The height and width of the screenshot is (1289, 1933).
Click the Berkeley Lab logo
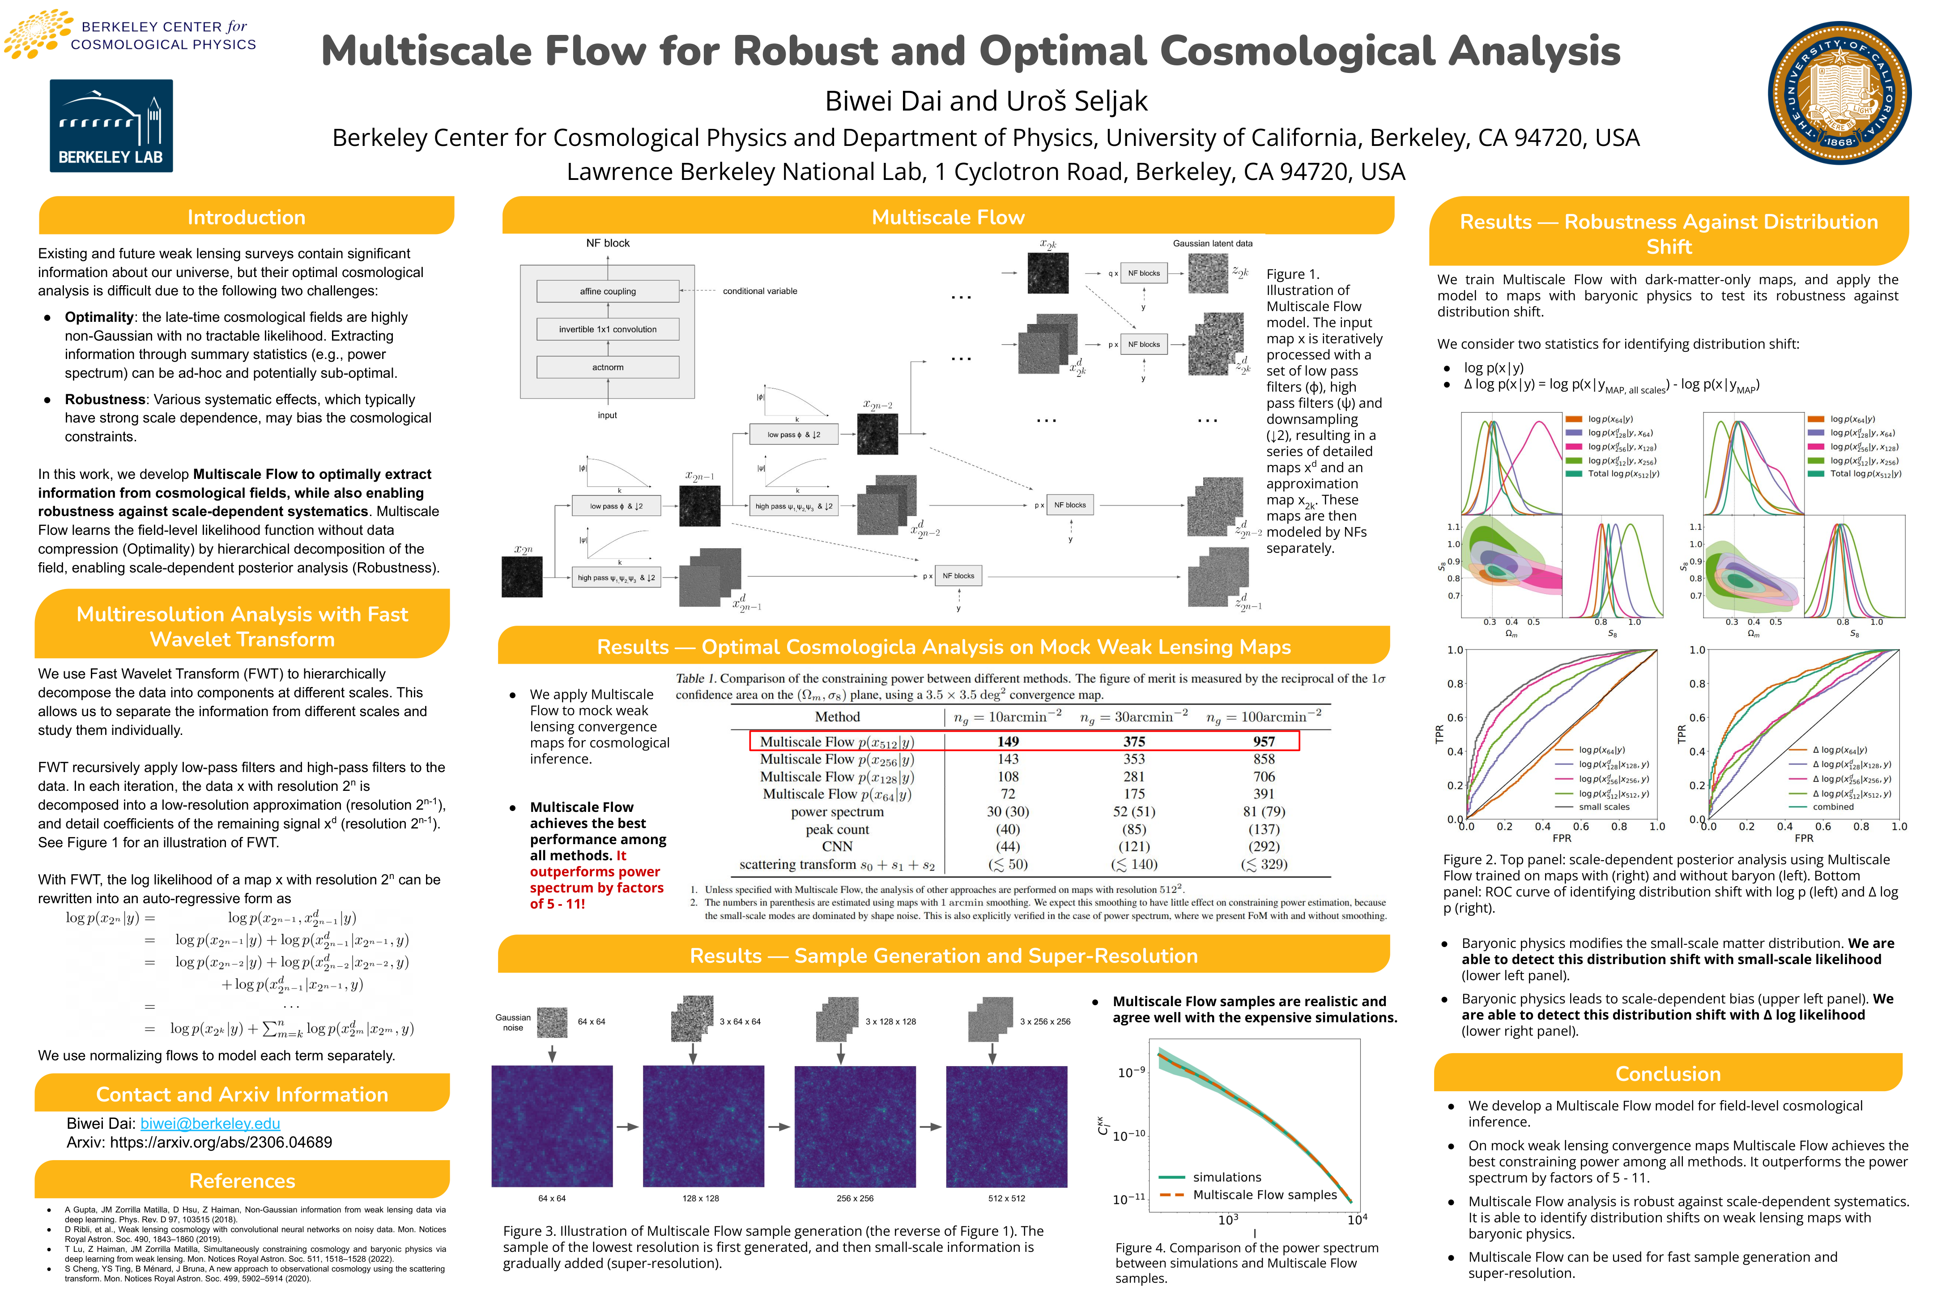(111, 126)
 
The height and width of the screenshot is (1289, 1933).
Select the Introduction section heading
(246, 217)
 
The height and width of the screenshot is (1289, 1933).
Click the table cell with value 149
(1008, 742)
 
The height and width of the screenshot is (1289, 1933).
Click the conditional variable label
(759, 291)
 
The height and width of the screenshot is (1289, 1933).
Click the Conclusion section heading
(1668, 1074)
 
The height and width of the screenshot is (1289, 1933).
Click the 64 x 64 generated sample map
(551, 1126)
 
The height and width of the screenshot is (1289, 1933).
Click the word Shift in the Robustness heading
(1669, 247)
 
